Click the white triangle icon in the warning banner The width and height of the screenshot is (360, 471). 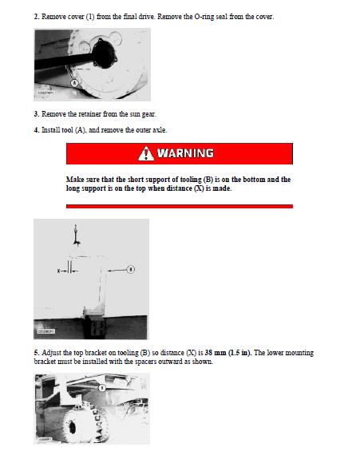coord(144,153)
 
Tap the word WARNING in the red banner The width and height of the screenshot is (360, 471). coord(185,153)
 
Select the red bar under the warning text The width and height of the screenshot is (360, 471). coord(179,206)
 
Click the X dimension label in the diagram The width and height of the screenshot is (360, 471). coord(59,271)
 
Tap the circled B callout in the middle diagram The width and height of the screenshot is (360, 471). coord(130,270)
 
